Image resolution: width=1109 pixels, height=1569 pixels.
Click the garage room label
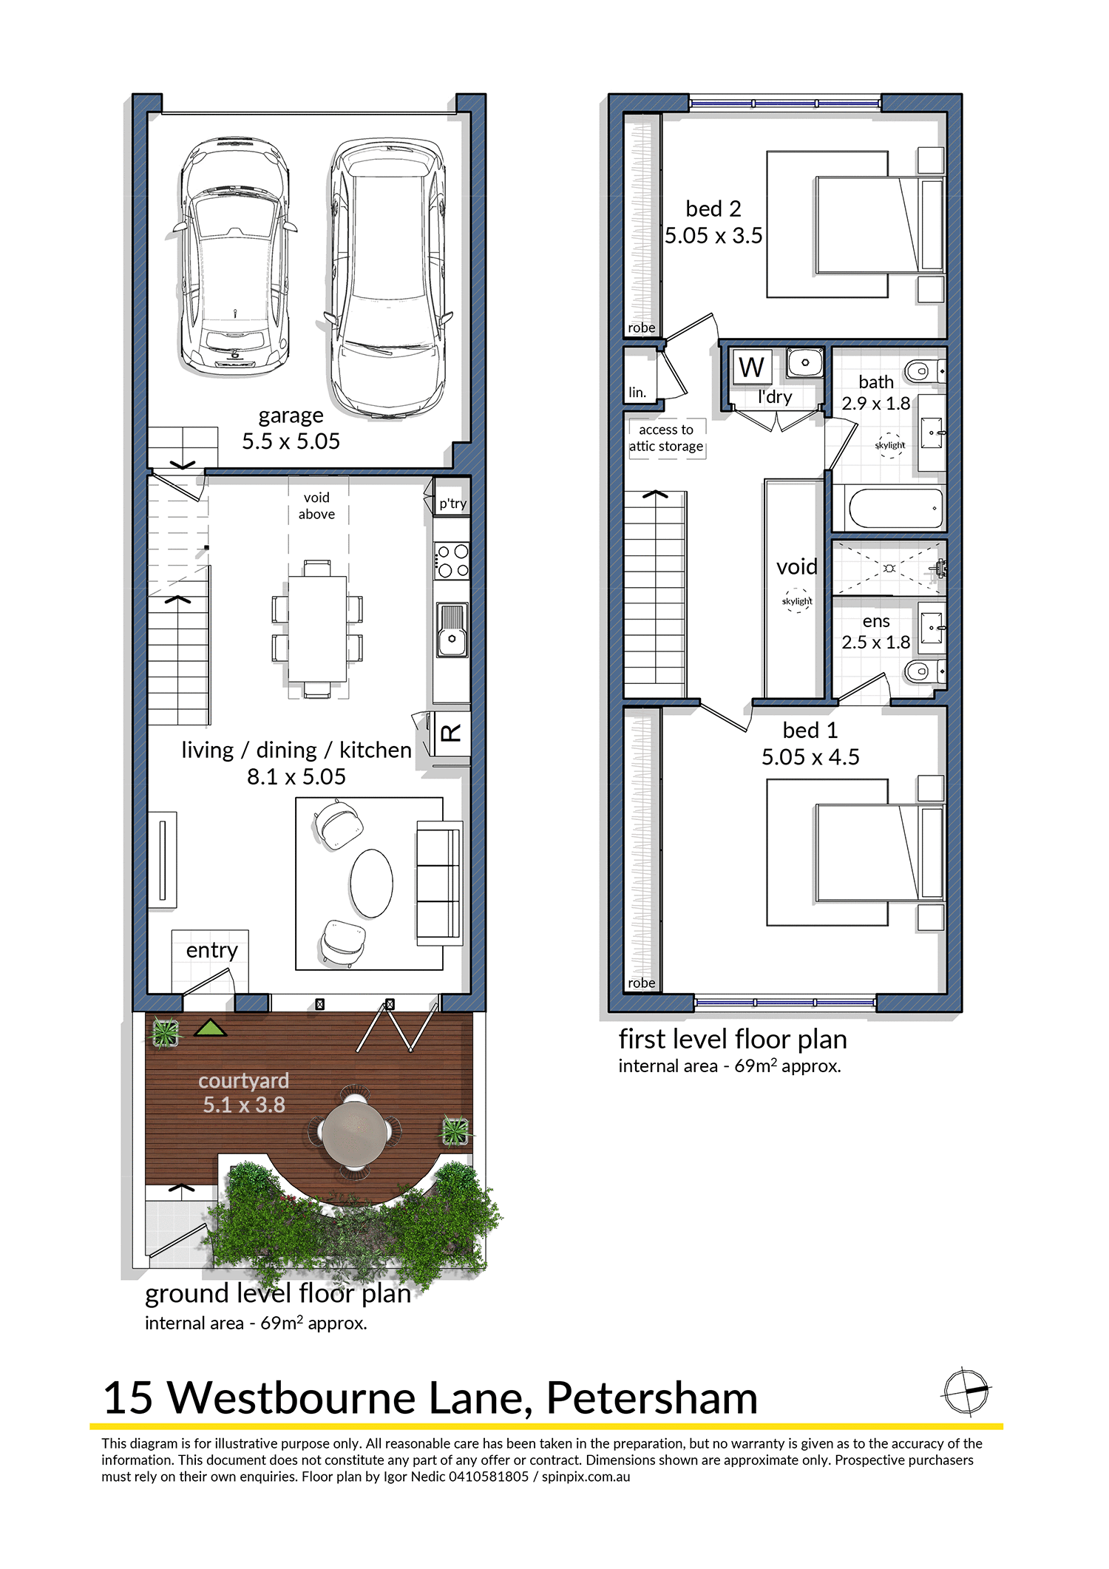pos(291,416)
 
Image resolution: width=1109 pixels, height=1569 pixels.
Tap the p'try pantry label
pos(452,504)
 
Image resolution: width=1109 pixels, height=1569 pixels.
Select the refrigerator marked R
pos(451,733)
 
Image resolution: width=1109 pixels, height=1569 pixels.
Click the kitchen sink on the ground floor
pos(452,630)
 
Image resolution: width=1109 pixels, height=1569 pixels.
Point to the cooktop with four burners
pos(452,560)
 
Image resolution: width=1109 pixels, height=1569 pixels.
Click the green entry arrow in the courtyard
pos(211,1028)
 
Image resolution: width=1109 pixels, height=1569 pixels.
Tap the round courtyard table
pos(356,1131)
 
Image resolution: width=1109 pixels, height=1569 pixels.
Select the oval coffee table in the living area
pos(371,884)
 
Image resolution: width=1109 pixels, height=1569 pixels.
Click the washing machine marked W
pos(752,367)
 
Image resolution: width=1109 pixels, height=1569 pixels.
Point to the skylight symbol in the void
pos(797,600)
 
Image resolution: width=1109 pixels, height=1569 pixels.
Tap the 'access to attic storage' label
pos(666,438)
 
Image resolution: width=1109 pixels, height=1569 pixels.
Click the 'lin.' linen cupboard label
pos(637,393)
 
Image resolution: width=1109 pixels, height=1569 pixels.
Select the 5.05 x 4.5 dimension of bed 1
pos(810,757)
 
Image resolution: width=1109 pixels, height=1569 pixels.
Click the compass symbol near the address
pos(966,1392)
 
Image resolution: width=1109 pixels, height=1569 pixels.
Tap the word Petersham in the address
pos(652,1398)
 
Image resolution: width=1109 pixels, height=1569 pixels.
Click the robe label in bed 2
pos(641,328)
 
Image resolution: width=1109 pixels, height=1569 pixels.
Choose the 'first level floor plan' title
pos(733,1040)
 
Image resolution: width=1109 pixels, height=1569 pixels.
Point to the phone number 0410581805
pos(489,1477)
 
